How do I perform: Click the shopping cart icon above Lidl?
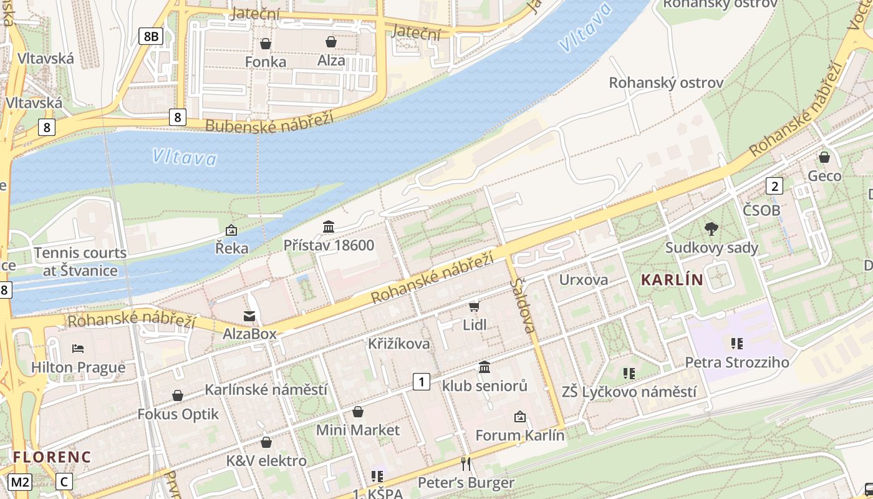475,306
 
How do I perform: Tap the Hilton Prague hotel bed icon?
78,348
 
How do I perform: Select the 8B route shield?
151,36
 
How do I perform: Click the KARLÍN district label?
672,280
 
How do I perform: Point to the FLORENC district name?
52,457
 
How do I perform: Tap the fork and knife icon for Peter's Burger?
465,463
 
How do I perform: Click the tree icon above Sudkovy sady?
711,229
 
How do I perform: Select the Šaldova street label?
523,305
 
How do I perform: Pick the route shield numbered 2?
774,186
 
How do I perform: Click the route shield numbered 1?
422,381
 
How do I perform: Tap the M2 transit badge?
20,482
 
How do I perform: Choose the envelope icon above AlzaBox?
249,316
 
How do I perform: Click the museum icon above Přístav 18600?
329,226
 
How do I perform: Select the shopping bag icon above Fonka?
266,43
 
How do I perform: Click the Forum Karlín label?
520,435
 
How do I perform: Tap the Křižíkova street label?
398,344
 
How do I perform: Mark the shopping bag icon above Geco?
824,157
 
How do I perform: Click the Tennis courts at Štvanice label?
80,261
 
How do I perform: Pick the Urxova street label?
584,279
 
